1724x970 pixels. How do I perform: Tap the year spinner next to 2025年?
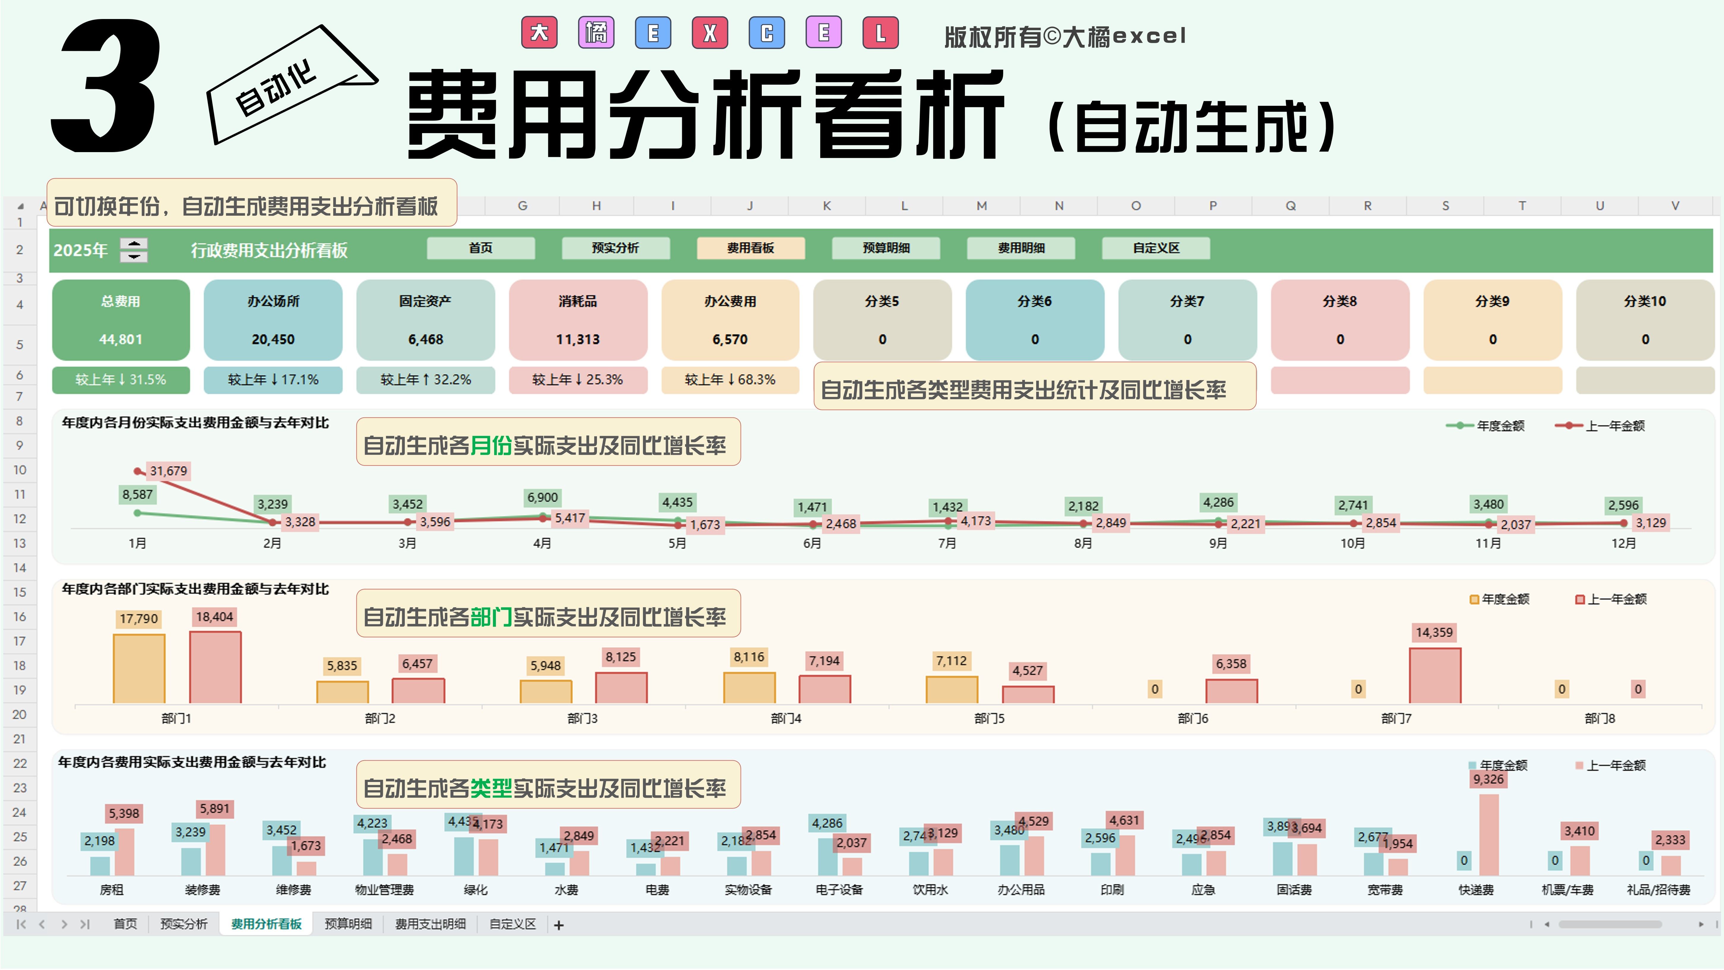tap(134, 250)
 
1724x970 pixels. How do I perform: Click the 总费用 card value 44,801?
tap(121, 339)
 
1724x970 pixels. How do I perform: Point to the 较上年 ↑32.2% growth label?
tap(426, 380)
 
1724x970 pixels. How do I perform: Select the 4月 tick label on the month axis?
tap(542, 543)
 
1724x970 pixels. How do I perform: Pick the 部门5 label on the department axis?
tap(989, 718)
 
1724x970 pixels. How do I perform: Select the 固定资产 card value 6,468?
tap(426, 339)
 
